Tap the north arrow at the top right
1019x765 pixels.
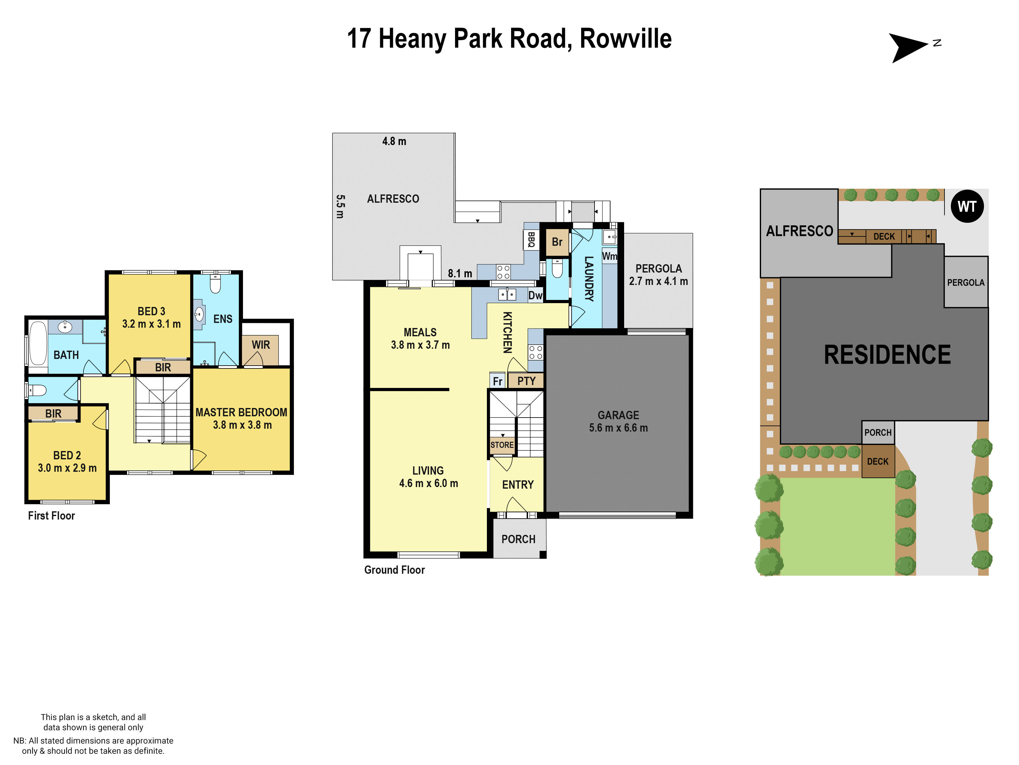pyautogui.click(x=907, y=47)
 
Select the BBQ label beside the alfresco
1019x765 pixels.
pyautogui.click(x=531, y=240)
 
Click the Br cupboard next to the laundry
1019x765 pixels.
pyautogui.click(x=557, y=242)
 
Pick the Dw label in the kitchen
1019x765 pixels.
pyautogui.click(x=535, y=295)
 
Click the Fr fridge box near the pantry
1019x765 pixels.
pyautogui.click(x=497, y=381)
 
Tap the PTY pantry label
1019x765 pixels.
pyautogui.click(x=526, y=381)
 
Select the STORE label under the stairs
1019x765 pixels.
pyautogui.click(x=502, y=445)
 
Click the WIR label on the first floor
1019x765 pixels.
pyautogui.click(x=261, y=345)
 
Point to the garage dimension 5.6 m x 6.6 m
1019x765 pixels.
pyautogui.click(x=618, y=428)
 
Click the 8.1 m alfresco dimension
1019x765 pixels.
pyautogui.click(x=460, y=273)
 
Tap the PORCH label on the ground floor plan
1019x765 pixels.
pyautogui.click(x=518, y=539)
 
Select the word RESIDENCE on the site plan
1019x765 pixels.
pyautogui.click(x=887, y=355)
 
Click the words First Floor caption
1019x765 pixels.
pyautogui.click(x=52, y=515)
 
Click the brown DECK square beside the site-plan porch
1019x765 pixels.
pyautogui.click(x=878, y=462)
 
